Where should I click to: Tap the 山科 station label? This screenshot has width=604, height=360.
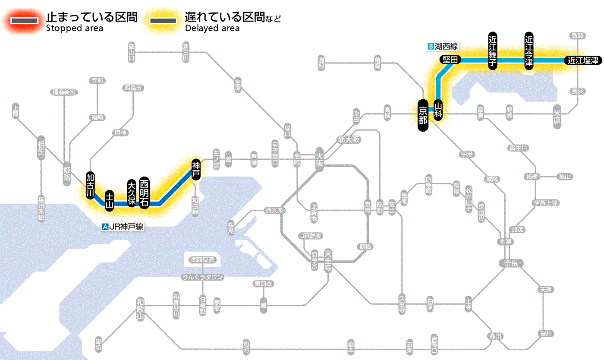438,110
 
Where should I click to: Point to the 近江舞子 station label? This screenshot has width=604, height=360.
493,51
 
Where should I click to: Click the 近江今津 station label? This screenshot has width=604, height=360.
529,51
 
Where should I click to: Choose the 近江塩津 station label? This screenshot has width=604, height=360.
583,60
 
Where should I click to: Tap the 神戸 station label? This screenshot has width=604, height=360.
196,169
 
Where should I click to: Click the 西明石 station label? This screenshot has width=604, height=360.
144,193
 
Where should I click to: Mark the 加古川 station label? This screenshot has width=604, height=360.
90,186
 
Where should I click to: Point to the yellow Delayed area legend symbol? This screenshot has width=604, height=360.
163,21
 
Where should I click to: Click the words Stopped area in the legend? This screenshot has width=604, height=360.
74,28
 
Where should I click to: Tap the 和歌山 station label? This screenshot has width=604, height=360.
140,309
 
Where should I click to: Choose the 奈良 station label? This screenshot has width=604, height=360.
510,263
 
